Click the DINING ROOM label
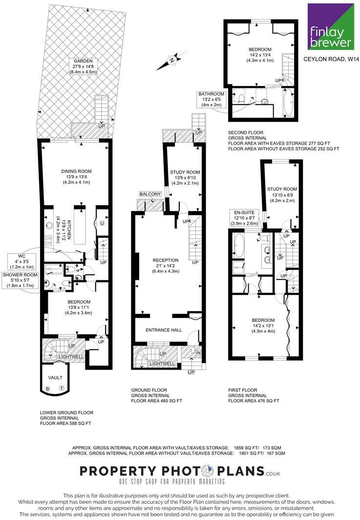coord(77,171)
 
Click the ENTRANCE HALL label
coord(164,330)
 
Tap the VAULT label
coord(54,378)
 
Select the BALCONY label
coord(150,194)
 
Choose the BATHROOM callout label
coord(212,94)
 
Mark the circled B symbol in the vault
coord(47,389)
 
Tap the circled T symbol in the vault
coord(62,389)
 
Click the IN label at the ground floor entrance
coord(198,353)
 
